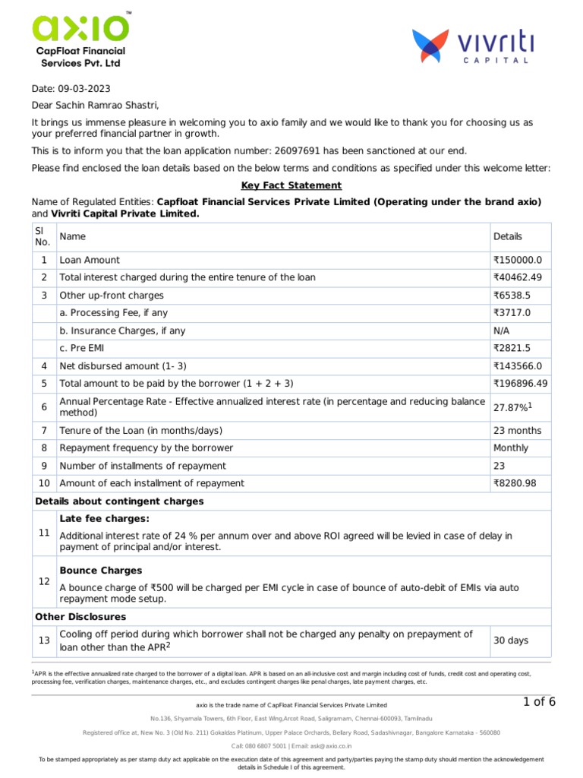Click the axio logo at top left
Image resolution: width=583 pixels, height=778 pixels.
coord(80,29)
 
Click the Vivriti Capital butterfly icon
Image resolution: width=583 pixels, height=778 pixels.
coord(430,46)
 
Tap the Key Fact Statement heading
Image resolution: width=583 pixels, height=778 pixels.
coord(291,185)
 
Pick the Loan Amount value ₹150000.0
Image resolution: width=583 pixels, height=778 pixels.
coord(518,260)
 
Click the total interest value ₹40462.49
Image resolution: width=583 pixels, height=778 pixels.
coord(518,277)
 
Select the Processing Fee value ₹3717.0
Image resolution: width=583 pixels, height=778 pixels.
coord(512,313)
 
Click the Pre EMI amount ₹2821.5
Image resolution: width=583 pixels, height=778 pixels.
coord(512,348)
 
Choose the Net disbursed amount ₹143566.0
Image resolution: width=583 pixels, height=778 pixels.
coord(518,366)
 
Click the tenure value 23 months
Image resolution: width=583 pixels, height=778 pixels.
coord(518,430)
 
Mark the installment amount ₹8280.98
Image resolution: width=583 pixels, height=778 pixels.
coord(515,483)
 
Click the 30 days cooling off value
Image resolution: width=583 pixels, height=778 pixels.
coord(511,640)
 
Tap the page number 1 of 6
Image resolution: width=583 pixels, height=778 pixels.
coord(539,701)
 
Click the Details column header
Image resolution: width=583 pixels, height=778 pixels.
coord(508,236)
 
